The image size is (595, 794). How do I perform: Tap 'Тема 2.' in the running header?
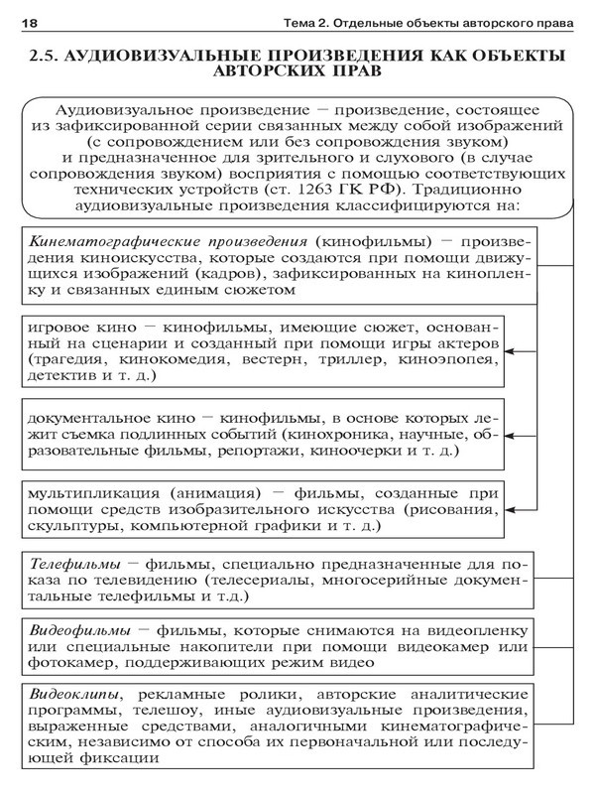click(x=316, y=23)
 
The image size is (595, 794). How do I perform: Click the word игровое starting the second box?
click(x=59, y=329)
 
